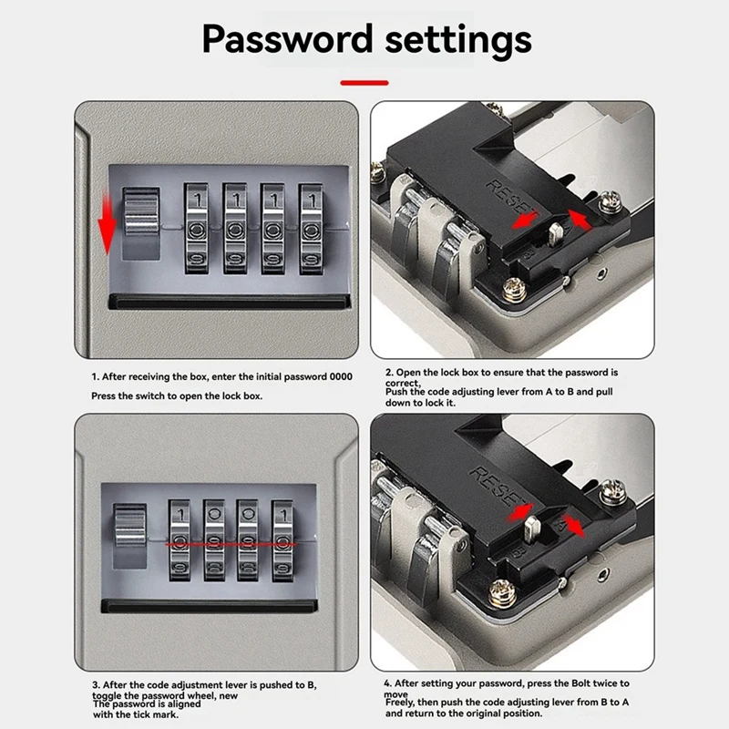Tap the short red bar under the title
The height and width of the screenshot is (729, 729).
[x=364, y=82]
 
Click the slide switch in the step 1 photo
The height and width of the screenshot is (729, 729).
[x=140, y=224]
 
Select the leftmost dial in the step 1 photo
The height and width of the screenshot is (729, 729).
[x=197, y=230]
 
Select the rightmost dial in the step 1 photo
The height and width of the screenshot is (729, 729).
[x=312, y=230]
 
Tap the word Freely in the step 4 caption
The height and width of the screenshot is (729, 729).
[x=403, y=703]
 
